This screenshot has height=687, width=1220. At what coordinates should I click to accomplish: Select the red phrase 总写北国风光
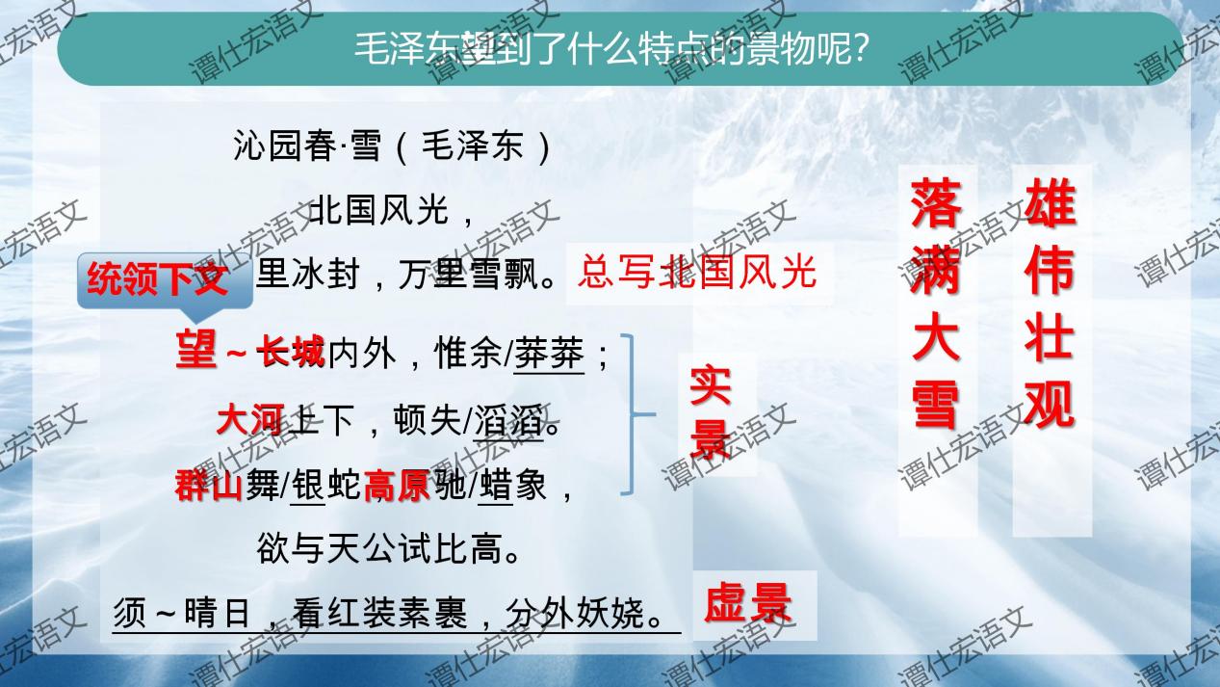(697, 273)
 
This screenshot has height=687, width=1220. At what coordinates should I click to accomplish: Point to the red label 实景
(711, 412)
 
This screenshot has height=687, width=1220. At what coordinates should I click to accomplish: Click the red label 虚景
(748, 604)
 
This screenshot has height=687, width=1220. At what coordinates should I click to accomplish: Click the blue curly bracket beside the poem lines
(635, 414)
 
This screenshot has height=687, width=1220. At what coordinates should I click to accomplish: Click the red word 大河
(249, 421)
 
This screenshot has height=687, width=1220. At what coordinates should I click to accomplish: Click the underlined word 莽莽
(549, 356)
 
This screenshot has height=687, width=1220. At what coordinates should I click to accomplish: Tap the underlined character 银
(308, 486)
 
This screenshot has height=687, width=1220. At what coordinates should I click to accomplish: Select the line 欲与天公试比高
(390, 550)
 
